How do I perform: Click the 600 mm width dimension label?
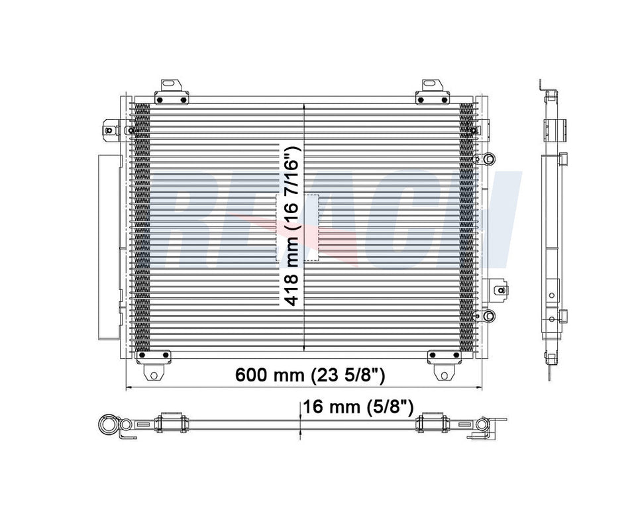click(x=310, y=375)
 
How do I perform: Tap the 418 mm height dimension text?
click(x=292, y=225)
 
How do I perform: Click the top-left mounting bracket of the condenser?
click(x=171, y=93)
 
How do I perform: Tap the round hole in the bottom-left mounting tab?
click(x=154, y=375)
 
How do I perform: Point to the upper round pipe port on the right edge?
click(x=489, y=159)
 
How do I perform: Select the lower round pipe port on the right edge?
click(x=489, y=315)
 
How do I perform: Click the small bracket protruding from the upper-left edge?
click(x=111, y=129)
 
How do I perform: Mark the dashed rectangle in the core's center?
click(x=297, y=228)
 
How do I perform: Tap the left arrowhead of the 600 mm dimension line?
click(x=129, y=387)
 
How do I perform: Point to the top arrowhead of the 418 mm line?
click(x=303, y=106)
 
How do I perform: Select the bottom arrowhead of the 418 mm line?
click(x=303, y=348)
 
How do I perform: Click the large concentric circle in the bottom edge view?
click(x=107, y=424)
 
